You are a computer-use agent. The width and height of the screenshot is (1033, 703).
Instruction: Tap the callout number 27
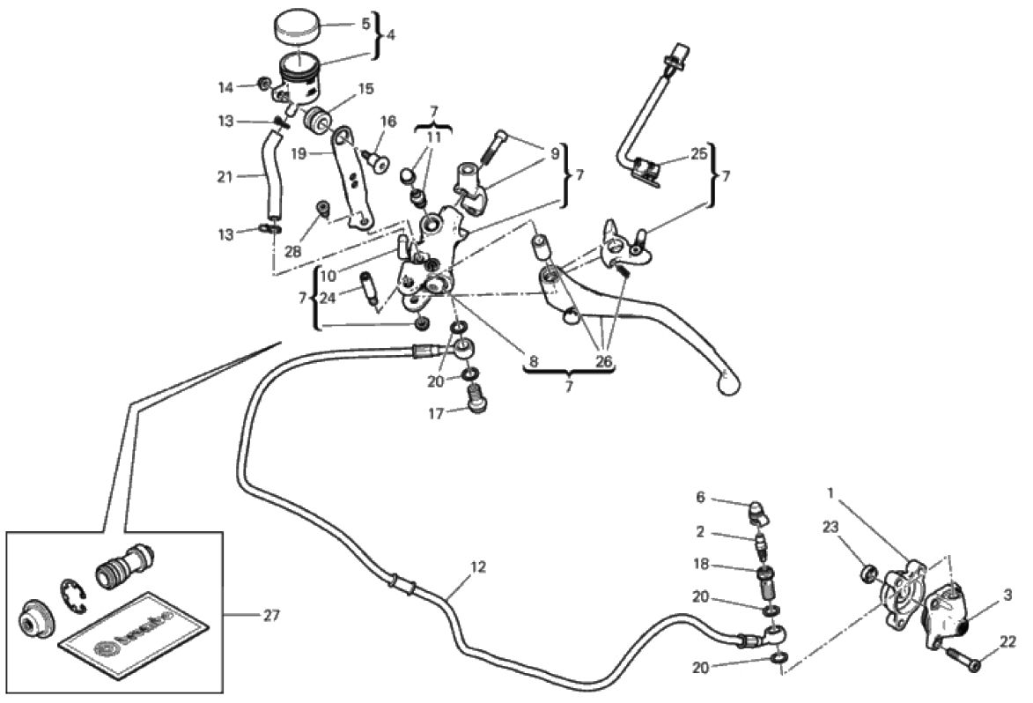pos(271,615)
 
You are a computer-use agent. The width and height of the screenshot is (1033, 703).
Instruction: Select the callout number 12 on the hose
pos(477,568)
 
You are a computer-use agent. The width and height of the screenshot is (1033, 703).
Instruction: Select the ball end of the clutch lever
pos(727,382)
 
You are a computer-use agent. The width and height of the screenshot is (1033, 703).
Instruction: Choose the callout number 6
pos(701,497)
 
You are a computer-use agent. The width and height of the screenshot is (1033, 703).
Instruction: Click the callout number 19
pos(299,153)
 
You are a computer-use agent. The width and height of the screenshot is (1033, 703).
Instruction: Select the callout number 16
pos(388,121)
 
